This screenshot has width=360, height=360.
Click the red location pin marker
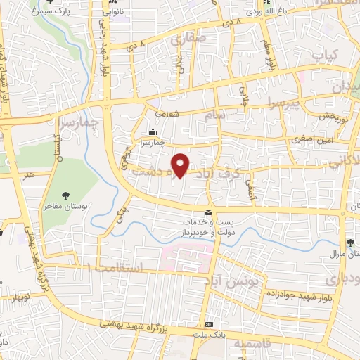coord(181,164)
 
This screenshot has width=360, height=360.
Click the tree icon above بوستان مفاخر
coord(65,196)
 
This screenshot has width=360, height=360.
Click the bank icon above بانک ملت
coord(209,325)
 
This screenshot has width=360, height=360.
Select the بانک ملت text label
coord(209,336)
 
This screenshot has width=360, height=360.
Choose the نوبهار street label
coord(20,297)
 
